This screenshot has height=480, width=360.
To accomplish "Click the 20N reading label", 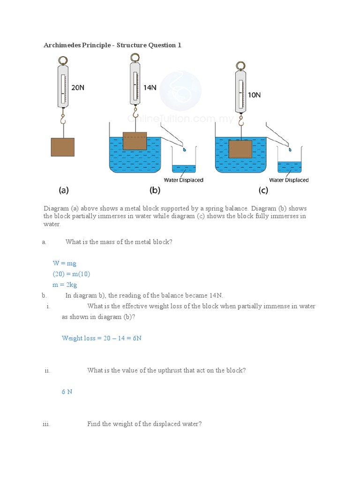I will [x=78, y=87].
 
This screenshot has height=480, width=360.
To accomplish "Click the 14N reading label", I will [x=150, y=87].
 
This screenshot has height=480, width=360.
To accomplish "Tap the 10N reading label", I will [x=254, y=95].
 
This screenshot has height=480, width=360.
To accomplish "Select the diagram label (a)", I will [x=64, y=190].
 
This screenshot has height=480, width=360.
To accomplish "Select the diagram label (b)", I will [x=155, y=190].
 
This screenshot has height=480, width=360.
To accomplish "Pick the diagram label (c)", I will [x=263, y=190].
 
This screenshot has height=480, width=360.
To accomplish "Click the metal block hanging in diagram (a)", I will [x=62, y=147].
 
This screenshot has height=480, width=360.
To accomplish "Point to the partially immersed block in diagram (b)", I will [x=135, y=141].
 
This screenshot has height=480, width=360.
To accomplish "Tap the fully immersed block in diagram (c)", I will [x=240, y=149].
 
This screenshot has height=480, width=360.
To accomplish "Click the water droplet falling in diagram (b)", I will [x=184, y=149].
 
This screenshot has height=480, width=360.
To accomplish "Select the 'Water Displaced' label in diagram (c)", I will [x=289, y=180].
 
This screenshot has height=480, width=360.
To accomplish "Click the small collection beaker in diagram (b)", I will [x=184, y=162].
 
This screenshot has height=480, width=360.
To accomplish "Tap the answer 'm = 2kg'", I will [x=65, y=285].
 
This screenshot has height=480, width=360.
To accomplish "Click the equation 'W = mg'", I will [x=64, y=263].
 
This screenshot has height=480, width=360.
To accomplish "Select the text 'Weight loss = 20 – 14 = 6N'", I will [x=102, y=338].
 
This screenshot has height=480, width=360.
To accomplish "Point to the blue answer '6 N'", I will [x=67, y=391].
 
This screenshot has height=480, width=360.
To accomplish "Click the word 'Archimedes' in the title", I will [x=62, y=45].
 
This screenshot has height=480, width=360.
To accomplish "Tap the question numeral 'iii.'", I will [x=46, y=424].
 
